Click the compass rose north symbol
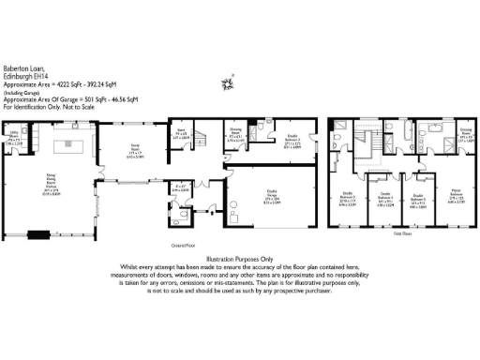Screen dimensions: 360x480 click(225, 84)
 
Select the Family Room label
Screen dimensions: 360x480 click(135, 154)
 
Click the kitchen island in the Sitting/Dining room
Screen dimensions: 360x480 click(68, 144)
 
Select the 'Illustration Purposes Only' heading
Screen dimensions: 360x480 click(240, 258)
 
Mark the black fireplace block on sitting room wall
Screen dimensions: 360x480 click(41, 234)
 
